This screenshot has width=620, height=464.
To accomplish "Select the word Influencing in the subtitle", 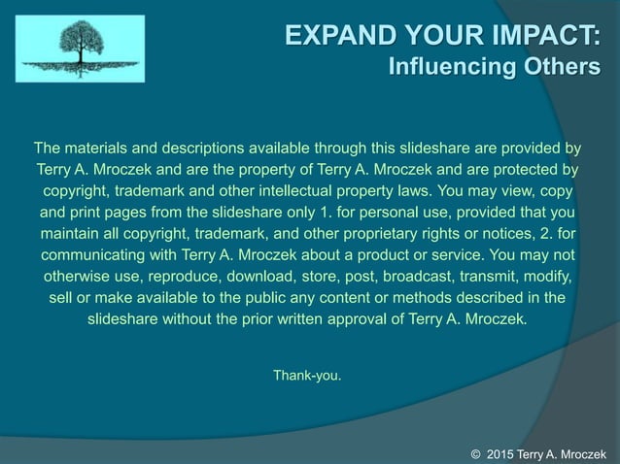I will [x=446, y=68].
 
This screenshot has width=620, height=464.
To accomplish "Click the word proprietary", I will [x=406, y=234].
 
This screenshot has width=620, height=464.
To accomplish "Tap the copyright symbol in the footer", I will [x=476, y=453].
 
